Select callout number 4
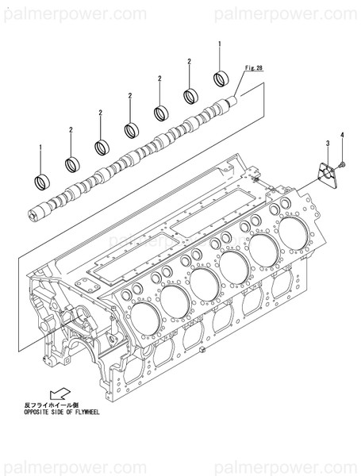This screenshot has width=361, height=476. coord(343,136)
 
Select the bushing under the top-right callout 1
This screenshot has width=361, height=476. coord(221,80)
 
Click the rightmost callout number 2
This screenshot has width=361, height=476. coord(190,61)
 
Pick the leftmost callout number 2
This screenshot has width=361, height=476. coord(71,129)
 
